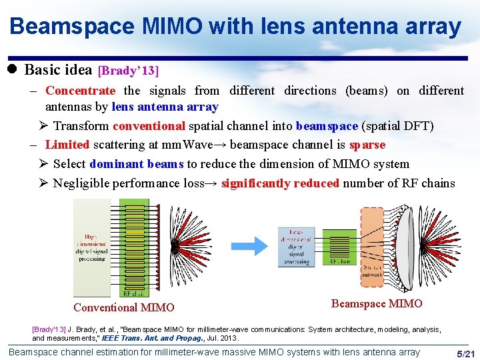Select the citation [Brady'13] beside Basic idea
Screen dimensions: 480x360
(129, 70)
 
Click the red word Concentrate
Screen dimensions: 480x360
(80, 91)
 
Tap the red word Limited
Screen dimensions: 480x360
(67, 145)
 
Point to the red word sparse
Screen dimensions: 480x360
(367, 145)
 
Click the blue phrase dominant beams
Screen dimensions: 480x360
(137, 164)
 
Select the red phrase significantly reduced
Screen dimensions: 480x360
(280, 183)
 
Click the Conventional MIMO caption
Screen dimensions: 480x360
(123, 307)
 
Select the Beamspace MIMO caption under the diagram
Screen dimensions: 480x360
(377, 304)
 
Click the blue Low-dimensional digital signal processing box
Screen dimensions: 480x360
(296, 247)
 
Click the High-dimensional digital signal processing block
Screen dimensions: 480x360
(91, 247)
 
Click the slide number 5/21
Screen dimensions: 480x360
(463, 353)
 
